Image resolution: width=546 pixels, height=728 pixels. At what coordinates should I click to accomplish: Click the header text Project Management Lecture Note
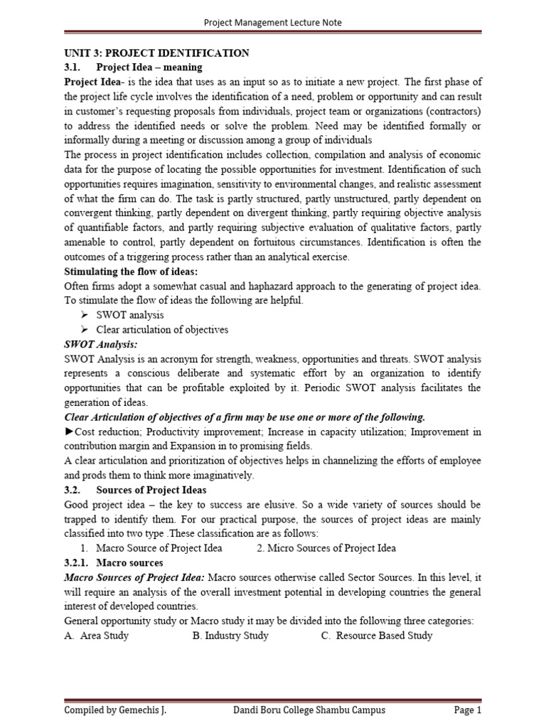[x=273, y=22]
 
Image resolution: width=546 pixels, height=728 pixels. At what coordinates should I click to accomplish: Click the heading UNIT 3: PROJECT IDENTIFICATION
[x=156, y=53]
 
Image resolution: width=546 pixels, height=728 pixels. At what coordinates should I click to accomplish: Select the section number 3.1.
[x=75, y=68]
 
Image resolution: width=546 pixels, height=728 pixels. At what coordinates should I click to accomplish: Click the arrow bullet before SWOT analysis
[x=83, y=314]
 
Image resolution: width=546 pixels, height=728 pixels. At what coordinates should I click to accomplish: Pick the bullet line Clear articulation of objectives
[x=161, y=329]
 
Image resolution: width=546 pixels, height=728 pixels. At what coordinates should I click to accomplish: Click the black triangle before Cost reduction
[x=69, y=432]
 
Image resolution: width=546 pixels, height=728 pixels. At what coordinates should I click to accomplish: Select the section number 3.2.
[x=75, y=490]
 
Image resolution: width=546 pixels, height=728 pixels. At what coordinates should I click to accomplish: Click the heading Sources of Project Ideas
[x=151, y=490]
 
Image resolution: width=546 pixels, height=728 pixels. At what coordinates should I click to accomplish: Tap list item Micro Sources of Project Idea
[x=326, y=548]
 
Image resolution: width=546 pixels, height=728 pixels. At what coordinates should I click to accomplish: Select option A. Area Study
[x=96, y=636]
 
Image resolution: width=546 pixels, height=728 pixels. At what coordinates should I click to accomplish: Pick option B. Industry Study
[x=230, y=636]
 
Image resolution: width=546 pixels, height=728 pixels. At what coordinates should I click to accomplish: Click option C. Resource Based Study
[x=377, y=636]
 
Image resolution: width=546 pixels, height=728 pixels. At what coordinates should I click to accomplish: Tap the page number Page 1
[x=468, y=710]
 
